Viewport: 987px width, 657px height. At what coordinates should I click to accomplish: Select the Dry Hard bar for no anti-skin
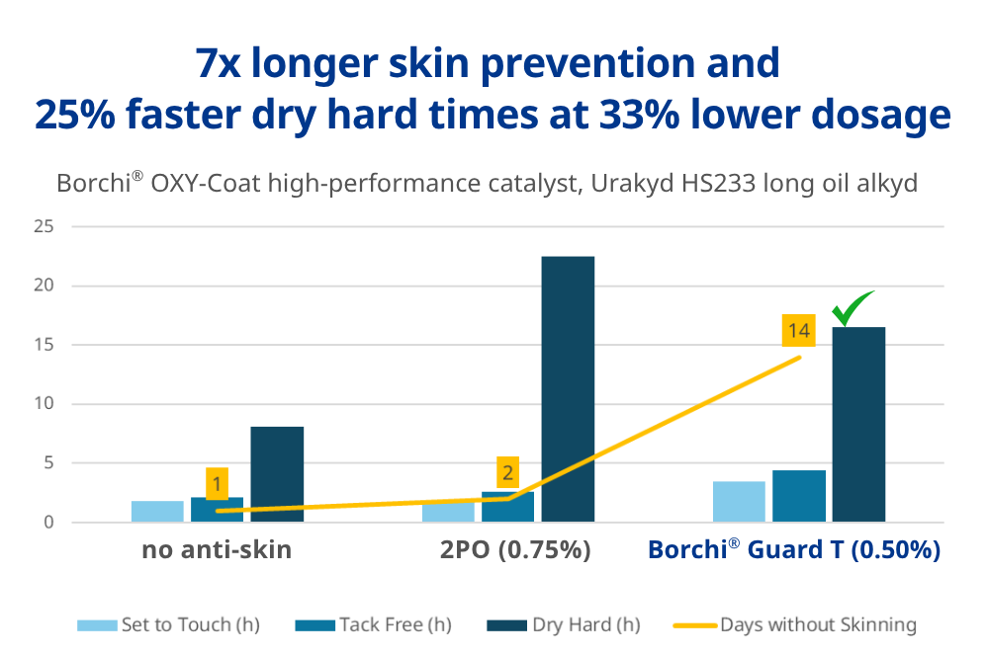(277, 474)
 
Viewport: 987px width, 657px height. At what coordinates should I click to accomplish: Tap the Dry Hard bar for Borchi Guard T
(858, 424)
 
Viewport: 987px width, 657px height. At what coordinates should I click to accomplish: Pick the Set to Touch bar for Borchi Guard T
(739, 502)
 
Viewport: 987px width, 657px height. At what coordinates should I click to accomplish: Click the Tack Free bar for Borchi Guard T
(799, 496)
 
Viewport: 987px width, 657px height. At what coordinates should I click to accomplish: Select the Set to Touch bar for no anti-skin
(157, 512)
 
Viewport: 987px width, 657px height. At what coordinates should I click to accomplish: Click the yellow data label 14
(799, 331)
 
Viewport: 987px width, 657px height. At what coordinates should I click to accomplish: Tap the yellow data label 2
(508, 472)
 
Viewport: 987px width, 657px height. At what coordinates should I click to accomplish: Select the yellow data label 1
(217, 484)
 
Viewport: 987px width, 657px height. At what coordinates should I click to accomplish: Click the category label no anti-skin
(217, 549)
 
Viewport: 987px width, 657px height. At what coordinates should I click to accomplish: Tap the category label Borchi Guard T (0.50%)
(793, 549)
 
